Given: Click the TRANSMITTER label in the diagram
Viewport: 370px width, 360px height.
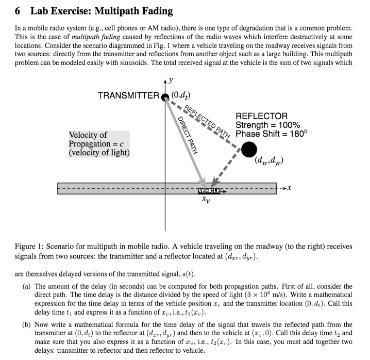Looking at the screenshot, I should [128, 95].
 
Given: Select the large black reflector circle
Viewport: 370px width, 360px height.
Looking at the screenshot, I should [249, 149].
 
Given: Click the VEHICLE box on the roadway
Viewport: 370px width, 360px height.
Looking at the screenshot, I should [209, 191].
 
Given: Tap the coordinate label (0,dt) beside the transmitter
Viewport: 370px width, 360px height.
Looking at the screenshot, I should [180, 95].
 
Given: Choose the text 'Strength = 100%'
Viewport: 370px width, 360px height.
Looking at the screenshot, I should [267, 125].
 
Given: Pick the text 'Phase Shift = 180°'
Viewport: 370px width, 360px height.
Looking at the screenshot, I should [271, 134].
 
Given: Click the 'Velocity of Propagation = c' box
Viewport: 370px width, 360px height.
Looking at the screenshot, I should [99, 144].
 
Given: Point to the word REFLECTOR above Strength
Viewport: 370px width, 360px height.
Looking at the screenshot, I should [261, 116].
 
